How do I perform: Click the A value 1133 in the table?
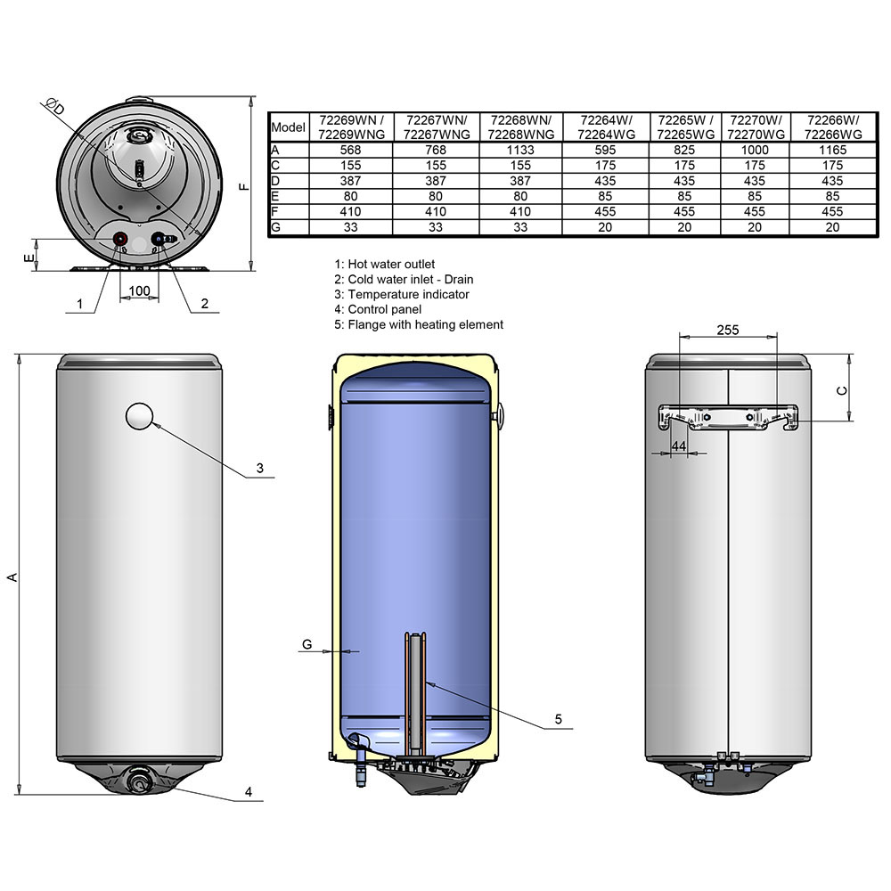[520, 150]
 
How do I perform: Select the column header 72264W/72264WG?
[605, 127]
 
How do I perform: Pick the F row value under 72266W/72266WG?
[832, 211]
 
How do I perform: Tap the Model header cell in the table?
[288, 127]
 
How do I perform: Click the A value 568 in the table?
[350, 150]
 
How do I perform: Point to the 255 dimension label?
[727, 331]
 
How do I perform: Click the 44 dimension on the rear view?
[678, 446]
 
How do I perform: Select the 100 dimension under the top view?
[139, 291]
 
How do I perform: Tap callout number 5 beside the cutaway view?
[558, 719]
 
